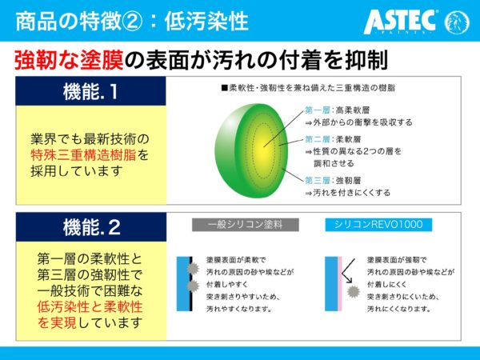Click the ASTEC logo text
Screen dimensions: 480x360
point(399,22)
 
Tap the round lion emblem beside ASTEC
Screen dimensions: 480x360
point(457,22)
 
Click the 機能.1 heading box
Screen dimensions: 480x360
point(90,91)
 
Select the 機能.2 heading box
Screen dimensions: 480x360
point(91,227)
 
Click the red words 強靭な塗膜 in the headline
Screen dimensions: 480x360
point(69,60)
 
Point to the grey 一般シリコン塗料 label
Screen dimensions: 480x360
point(246,225)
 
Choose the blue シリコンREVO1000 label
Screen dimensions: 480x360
point(378,224)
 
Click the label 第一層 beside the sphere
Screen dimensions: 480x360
point(317,110)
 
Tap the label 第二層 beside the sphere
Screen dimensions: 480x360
point(317,139)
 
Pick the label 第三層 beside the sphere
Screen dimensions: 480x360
point(317,180)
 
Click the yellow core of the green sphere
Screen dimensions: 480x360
point(263,150)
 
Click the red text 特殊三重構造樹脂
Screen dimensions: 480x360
point(83,155)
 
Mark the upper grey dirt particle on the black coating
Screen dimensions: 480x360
point(193,269)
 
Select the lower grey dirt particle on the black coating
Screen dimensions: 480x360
point(193,286)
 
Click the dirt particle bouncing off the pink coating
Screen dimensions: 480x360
point(353,291)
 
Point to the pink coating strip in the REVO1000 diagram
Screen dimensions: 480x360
point(339,284)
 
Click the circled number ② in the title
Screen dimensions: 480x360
point(132,22)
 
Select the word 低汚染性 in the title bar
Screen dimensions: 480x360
point(206,22)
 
